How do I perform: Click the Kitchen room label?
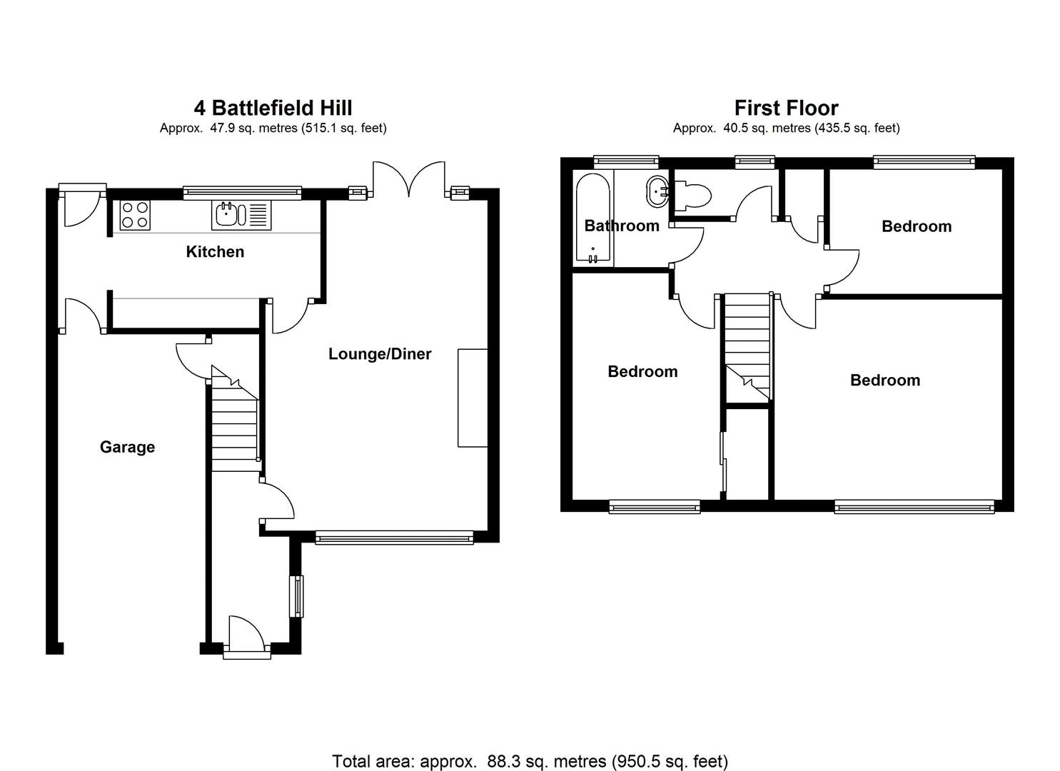(x=215, y=251)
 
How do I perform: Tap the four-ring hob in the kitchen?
(x=134, y=215)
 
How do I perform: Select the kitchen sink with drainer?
(x=241, y=215)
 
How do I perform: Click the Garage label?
(x=127, y=447)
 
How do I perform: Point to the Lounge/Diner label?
(x=380, y=354)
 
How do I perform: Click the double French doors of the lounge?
(x=409, y=179)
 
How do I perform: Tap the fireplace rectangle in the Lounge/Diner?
(x=473, y=398)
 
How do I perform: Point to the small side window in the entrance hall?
(x=296, y=595)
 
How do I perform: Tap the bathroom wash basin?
(x=657, y=190)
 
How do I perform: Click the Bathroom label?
(x=622, y=226)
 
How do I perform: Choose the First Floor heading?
(x=786, y=108)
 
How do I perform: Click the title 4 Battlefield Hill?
(x=273, y=108)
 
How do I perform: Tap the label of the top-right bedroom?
(x=917, y=226)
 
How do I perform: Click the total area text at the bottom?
(x=530, y=761)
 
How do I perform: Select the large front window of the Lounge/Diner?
(x=394, y=538)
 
